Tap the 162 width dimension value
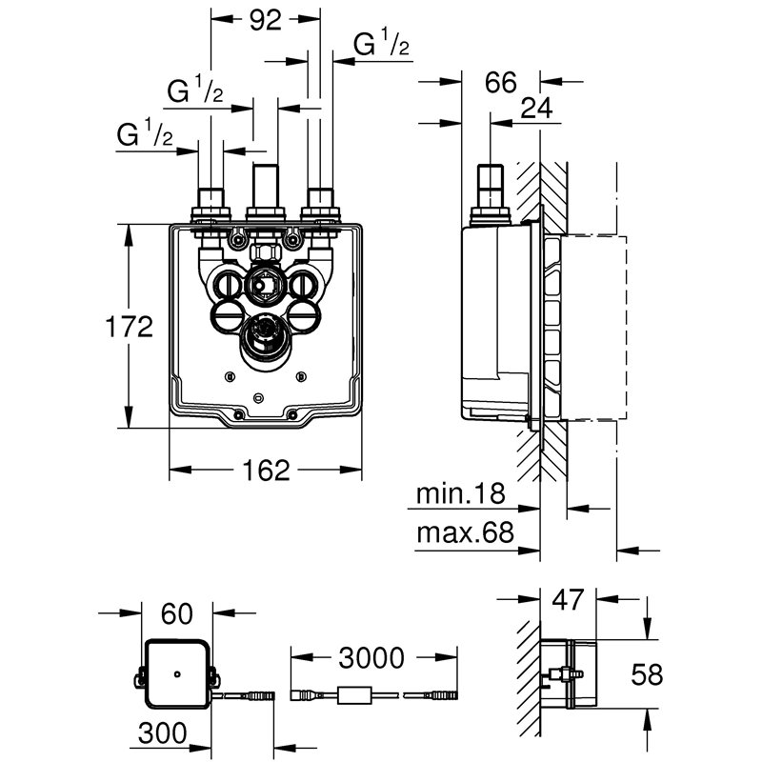click(265, 470)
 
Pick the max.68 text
click(465, 533)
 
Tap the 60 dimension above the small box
click(177, 614)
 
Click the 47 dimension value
click(569, 600)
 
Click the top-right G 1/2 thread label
click(382, 44)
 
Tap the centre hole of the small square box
click(177, 673)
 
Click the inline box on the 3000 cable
click(355, 696)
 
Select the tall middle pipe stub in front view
click(266, 184)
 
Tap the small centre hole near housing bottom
click(259, 395)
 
